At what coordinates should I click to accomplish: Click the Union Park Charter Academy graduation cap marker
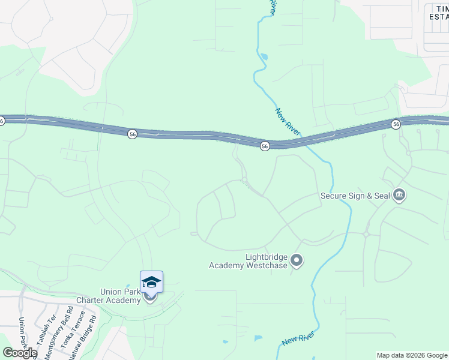coord(151,281)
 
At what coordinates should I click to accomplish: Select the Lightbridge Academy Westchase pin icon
coord(296,260)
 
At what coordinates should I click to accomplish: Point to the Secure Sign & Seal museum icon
coord(399,195)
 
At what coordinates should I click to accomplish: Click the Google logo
coord(20,353)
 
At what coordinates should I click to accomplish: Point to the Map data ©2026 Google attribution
coord(412,355)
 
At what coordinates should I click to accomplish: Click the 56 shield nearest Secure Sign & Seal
coord(396,124)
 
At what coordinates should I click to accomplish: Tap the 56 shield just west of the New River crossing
coord(264,146)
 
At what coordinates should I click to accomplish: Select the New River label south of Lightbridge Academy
coord(298,340)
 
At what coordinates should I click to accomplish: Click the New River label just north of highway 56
coord(288,122)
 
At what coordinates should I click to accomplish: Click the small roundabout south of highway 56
coord(244,179)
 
